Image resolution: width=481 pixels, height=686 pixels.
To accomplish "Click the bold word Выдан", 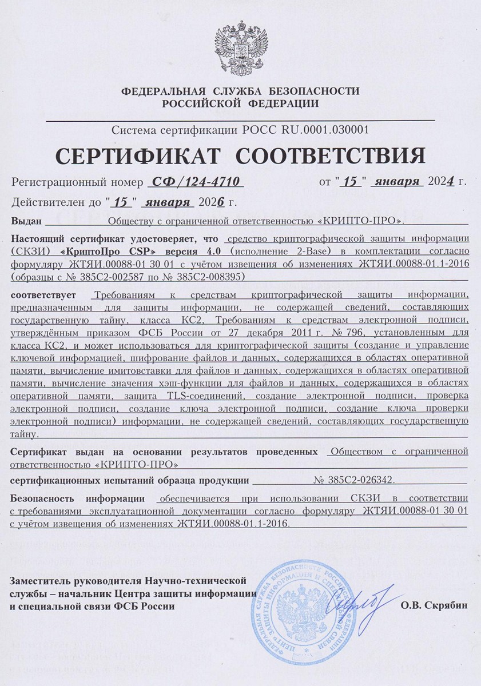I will point(26,221).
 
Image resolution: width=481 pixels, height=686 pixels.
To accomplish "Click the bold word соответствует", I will point(45,295).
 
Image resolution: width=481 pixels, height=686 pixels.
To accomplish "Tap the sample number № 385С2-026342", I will point(355,480).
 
